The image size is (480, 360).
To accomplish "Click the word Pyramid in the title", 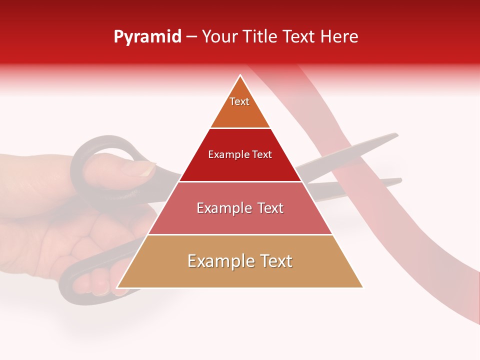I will (147, 37).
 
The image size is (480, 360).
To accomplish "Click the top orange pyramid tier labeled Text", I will (239, 107).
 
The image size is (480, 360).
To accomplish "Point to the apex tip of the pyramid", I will (240, 76).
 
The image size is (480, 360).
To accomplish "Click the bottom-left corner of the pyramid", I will (117, 287).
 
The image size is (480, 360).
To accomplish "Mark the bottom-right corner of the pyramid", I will (362, 287).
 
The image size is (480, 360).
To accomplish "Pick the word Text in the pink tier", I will (267, 208).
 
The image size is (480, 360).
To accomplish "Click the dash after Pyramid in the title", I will (191, 37).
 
